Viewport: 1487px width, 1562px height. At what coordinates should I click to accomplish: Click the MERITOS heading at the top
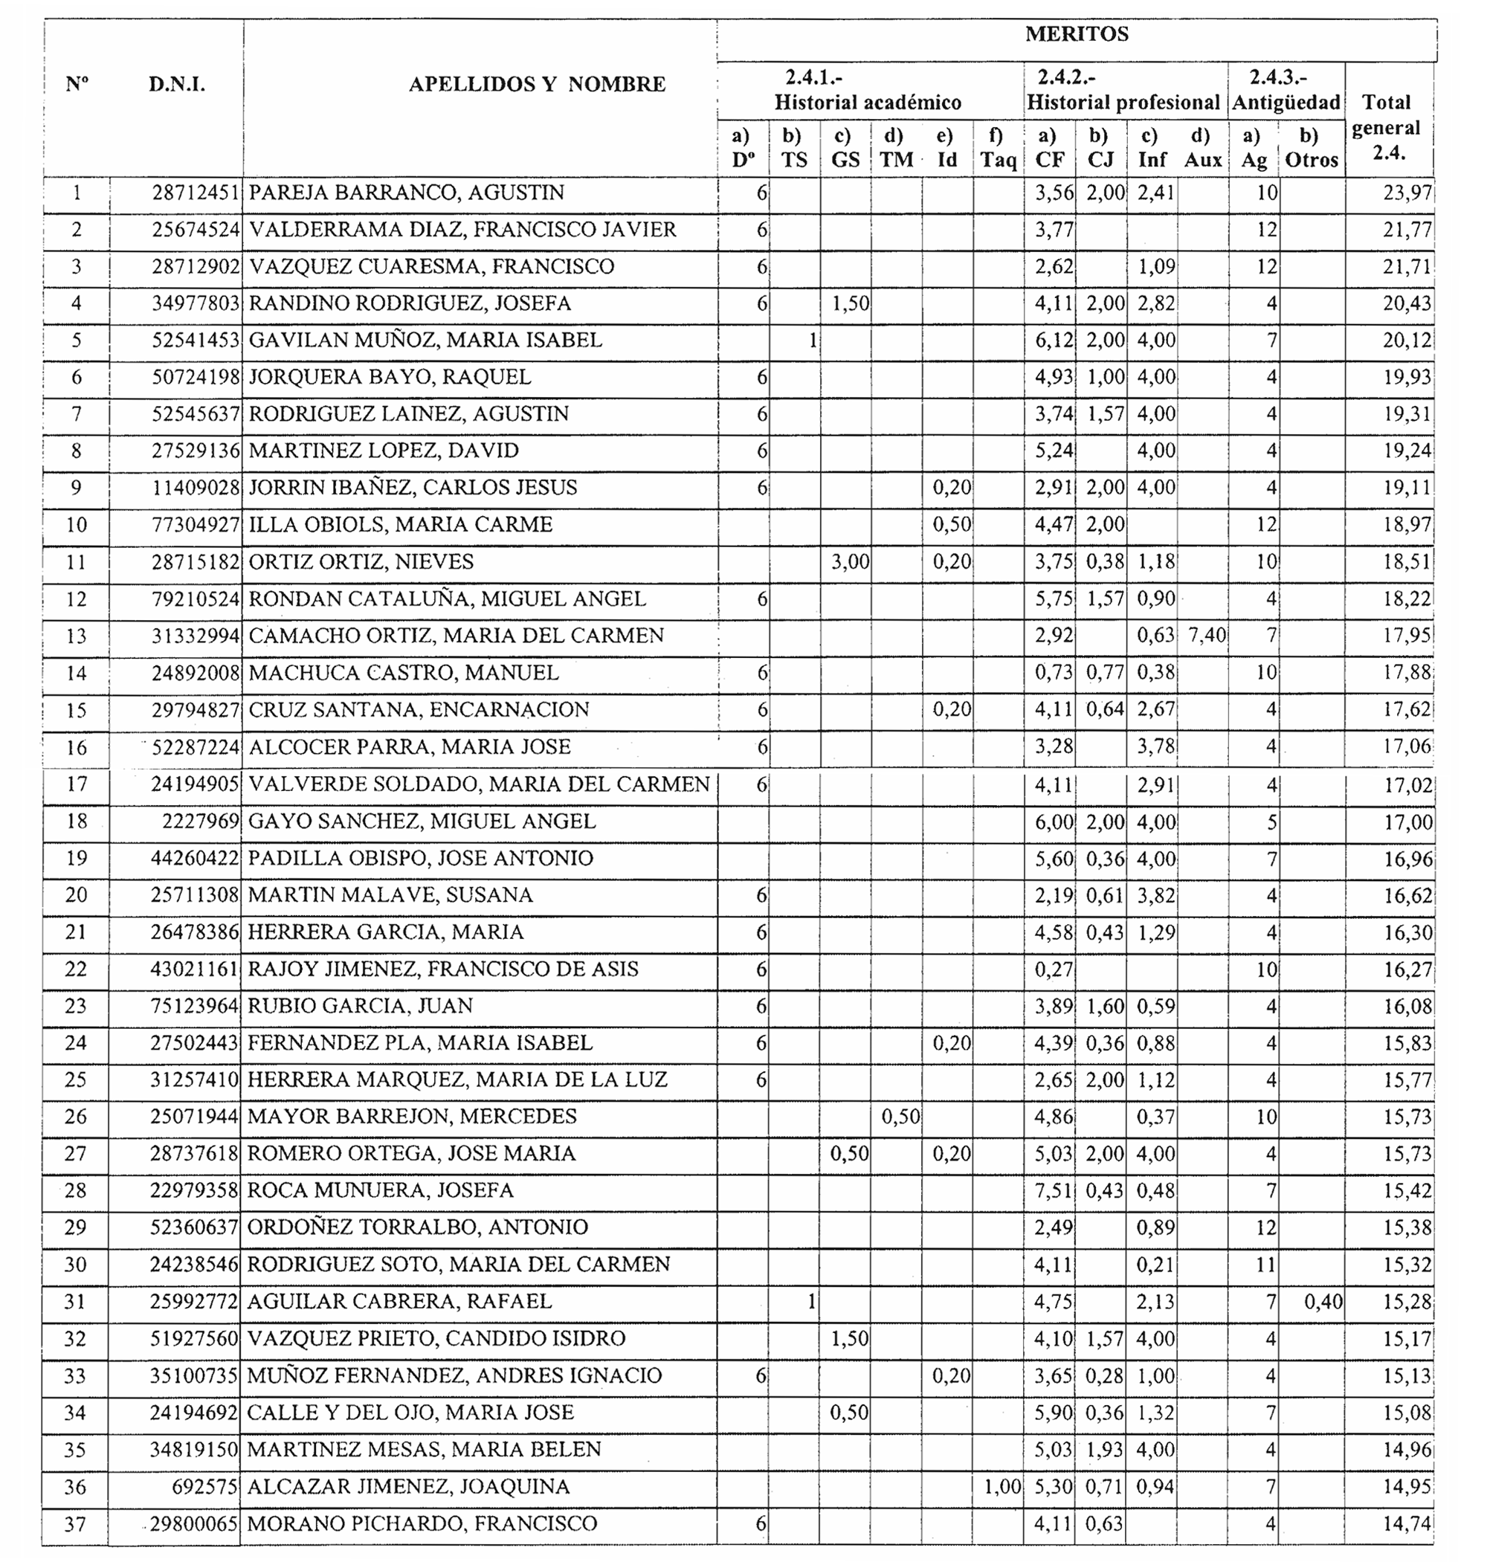point(1077,34)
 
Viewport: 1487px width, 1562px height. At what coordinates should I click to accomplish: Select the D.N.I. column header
point(177,84)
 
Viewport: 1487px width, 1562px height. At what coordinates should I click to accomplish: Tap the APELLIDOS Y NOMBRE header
point(537,84)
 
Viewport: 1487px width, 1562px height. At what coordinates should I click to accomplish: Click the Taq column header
point(998,148)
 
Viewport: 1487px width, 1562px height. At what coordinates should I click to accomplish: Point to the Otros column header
point(1311,148)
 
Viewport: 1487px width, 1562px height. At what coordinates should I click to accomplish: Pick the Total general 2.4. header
point(1387,127)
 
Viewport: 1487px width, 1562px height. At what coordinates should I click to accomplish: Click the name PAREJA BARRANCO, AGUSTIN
point(407,193)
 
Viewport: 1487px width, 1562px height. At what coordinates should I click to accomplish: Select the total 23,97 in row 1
point(1407,193)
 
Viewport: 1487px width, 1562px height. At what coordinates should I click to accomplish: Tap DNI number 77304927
point(195,525)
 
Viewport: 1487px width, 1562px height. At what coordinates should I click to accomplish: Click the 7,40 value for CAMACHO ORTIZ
point(1207,636)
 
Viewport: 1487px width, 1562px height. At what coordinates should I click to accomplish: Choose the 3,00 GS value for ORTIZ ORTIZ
point(850,562)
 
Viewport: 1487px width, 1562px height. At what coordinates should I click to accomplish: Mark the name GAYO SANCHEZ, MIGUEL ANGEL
point(422,821)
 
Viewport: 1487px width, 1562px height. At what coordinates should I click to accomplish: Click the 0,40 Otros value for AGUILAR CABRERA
point(1323,1301)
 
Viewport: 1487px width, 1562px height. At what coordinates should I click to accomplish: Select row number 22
point(76,969)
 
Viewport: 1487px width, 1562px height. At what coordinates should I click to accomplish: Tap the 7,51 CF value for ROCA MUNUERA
point(1054,1190)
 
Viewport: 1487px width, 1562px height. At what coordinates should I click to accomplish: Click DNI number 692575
point(204,1487)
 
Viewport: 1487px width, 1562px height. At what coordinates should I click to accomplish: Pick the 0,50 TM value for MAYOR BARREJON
point(900,1117)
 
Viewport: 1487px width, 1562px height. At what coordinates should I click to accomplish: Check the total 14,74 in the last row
point(1407,1524)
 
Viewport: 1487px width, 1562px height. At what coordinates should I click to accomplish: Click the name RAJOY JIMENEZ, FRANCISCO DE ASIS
point(443,969)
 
